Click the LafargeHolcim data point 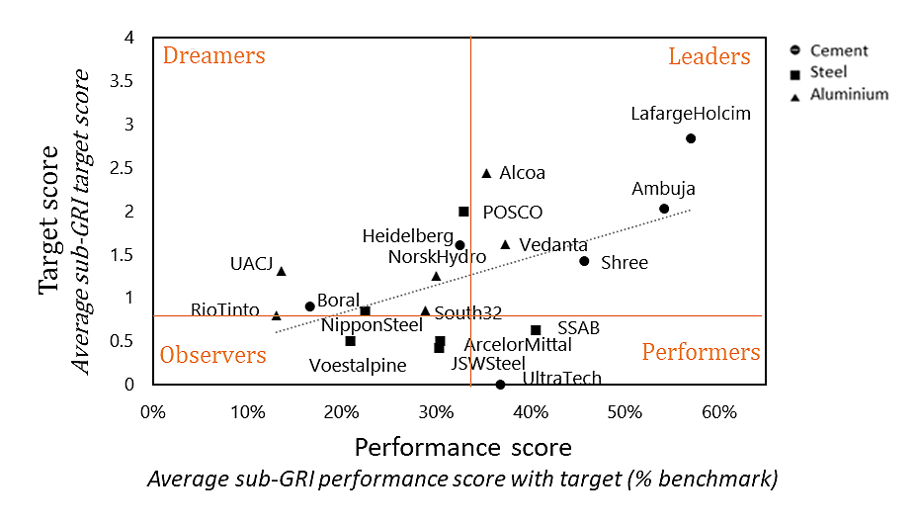[691, 138]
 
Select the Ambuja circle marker [664, 209]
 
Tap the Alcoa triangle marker [486, 173]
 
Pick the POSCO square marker [463, 212]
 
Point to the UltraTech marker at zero [500, 384]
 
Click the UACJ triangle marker [282, 271]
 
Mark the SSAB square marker [536, 330]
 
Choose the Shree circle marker [584, 261]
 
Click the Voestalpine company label [357, 365]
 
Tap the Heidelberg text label [407, 236]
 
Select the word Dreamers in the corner [214, 55]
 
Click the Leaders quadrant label [709, 56]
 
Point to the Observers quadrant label [213, 355]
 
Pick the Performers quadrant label [701, 352]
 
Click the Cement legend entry [839, 50]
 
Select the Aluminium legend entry [848, 95]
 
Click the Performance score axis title [462, 447]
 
